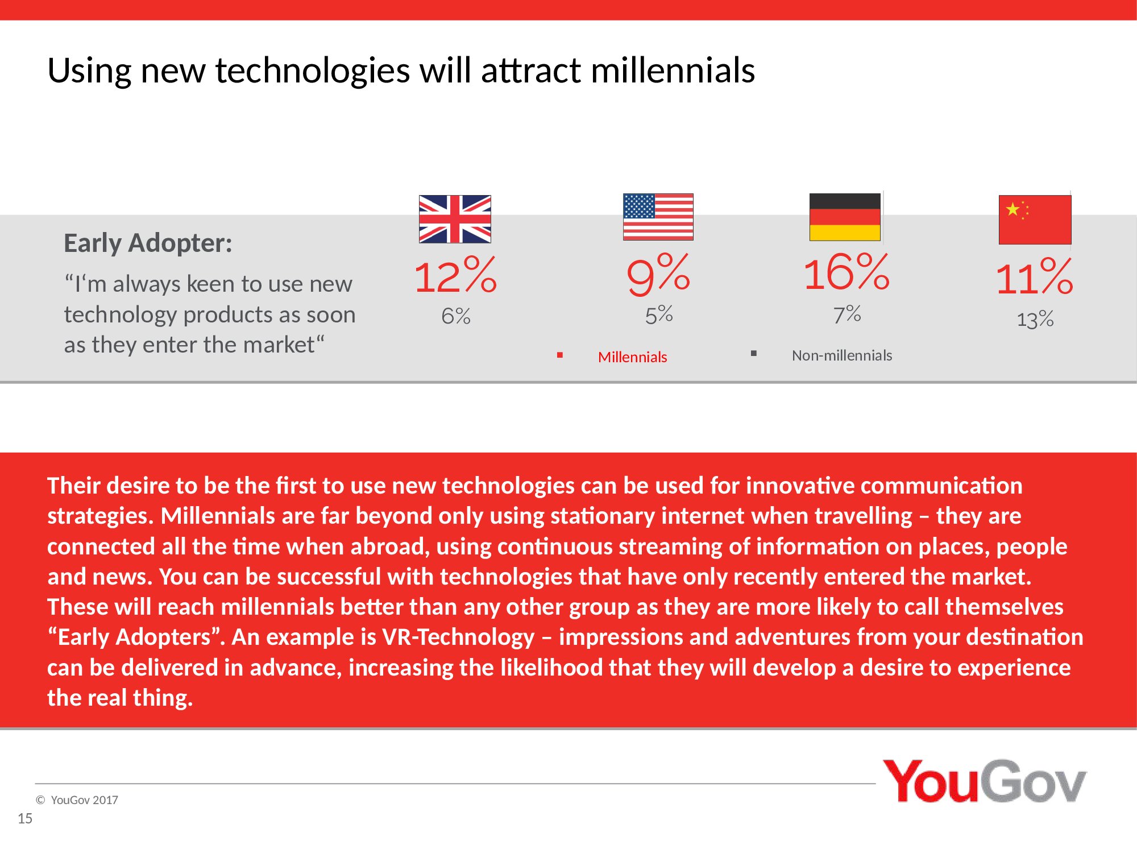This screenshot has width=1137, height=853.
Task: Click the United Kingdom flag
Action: coord(455,219)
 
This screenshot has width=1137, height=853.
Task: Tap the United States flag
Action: coord(658,217)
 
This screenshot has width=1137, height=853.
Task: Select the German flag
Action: coord(845,217)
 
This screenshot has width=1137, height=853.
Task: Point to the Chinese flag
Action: coord(1035,220)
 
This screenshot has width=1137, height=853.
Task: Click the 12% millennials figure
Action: coord(455,275)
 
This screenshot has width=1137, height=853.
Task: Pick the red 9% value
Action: coord(658,274)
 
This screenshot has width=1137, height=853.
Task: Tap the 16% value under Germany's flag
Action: coord(846,272)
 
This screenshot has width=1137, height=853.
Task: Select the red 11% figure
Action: coord(1035,277)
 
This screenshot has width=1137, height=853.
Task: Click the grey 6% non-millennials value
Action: coord(456,316)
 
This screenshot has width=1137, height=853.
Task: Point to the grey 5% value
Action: coord(659,314)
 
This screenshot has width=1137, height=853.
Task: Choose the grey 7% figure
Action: coord(847,314)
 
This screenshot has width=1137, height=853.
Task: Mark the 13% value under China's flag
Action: coord(1035,320)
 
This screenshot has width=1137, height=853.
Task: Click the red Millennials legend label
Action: coord(632,357)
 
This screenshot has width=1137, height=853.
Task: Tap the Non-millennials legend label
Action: coord(842,355)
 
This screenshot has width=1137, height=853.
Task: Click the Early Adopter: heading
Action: coord(148,243)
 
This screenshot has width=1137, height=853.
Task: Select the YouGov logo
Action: coord(984,781)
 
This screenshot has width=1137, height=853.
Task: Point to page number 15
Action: coord(25,818)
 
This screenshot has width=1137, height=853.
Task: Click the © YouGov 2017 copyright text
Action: coord(77,800)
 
